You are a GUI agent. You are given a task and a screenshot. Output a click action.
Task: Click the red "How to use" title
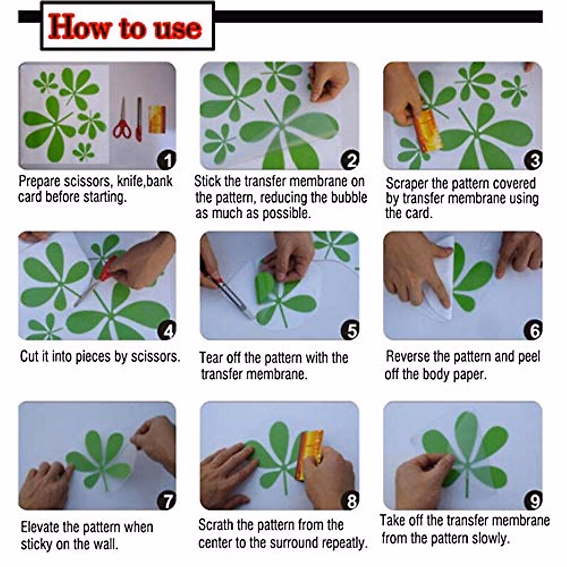coord(125,27)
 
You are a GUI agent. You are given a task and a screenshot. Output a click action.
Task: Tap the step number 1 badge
coord(167,160)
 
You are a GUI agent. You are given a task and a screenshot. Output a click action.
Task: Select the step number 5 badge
coord(350,330)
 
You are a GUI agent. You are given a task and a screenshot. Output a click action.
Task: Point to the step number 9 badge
coord(533,500)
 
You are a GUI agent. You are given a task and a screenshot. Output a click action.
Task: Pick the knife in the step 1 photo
coord(139,120)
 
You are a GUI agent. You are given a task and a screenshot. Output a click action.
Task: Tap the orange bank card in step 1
coord(157,119)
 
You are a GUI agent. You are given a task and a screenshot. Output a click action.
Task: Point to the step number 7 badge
coord(167,500)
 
